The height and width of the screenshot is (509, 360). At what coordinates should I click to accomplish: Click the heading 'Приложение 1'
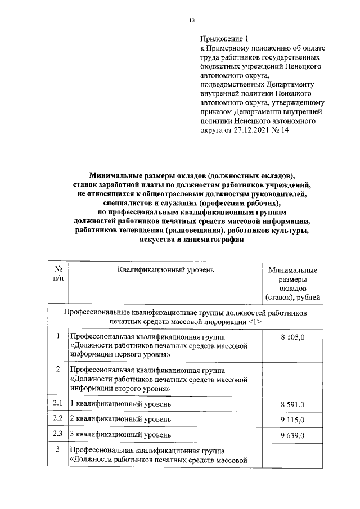click(224, 39)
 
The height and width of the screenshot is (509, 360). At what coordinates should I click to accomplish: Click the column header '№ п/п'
click(58, 274)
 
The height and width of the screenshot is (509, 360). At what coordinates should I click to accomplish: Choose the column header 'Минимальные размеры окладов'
click(292, 279)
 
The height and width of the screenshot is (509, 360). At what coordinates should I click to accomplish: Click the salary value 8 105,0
click(292, 336)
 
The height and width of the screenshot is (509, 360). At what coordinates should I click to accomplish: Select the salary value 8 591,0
click(292, 404)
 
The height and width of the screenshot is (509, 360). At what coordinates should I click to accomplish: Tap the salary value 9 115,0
click(292, 420)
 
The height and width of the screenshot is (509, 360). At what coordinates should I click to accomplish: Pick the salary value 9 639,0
click(292, 435)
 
